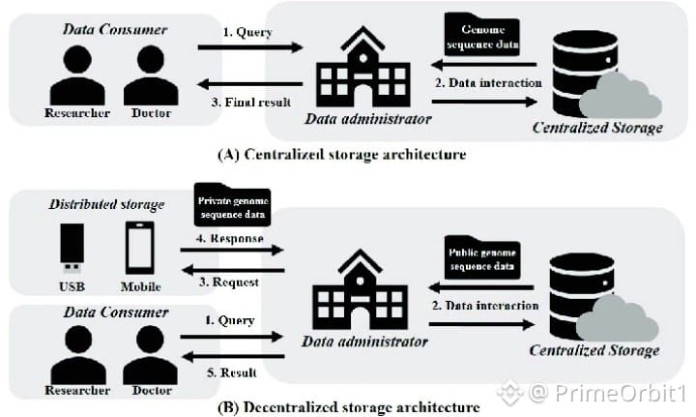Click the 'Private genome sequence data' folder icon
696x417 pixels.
[232, 205]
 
